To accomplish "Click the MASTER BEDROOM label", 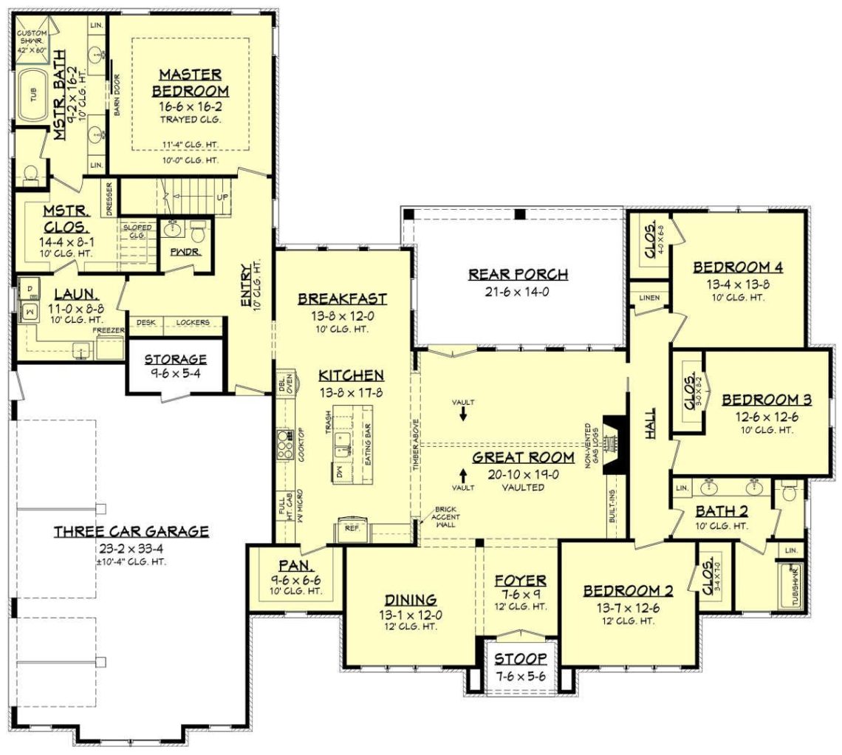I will click(x=191, y=83).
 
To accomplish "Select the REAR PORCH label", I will click(x=518, y=275).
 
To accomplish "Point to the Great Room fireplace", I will click(x=613, y=443).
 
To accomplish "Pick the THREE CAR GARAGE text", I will click(x=131, y=531).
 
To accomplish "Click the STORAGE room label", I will click(x=175, y=360).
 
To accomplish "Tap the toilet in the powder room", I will click(x=198, y=232).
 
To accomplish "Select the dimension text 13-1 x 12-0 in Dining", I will click(x=409, y=614).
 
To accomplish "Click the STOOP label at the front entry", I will click(x=521, y=658).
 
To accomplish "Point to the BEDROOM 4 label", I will click(x=738, y=267).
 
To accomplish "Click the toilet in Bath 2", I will click(x=789, y=491).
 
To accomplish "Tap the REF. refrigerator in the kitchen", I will click(x=352, y=528).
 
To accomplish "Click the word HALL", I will click(x=651, y=427).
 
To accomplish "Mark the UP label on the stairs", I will click(x=222, y=198).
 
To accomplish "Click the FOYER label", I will click(x=521, y=580).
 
